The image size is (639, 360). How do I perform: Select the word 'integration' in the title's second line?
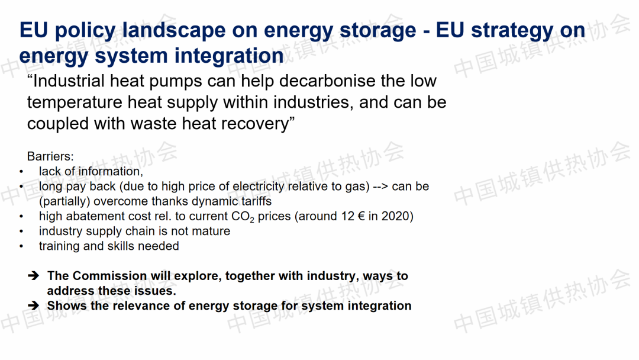coord(229,56)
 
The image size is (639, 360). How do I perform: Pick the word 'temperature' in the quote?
coord(75,102)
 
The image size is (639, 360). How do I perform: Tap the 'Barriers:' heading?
coord(50,156)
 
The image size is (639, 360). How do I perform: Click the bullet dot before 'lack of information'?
coord(21,172)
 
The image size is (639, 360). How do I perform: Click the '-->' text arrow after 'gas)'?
coord(380,187)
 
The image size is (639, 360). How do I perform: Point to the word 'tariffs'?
coord(256,201)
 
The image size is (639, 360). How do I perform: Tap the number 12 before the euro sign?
coord(348,216)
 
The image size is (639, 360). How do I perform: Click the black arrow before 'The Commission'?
coord(33,276)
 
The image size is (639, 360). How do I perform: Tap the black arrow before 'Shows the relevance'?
coord(33,306)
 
